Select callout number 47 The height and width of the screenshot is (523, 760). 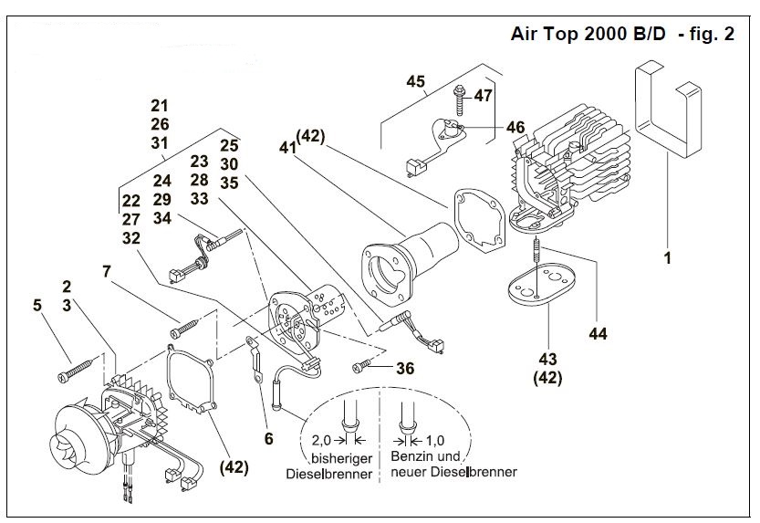coord(483,95)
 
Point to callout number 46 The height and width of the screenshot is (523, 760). coord(515,128)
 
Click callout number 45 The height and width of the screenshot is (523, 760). coord(415,82)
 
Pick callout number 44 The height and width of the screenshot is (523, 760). coord(597,335)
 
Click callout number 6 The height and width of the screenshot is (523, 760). coord(268,438)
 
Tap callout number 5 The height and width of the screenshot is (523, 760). coord(37,306)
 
